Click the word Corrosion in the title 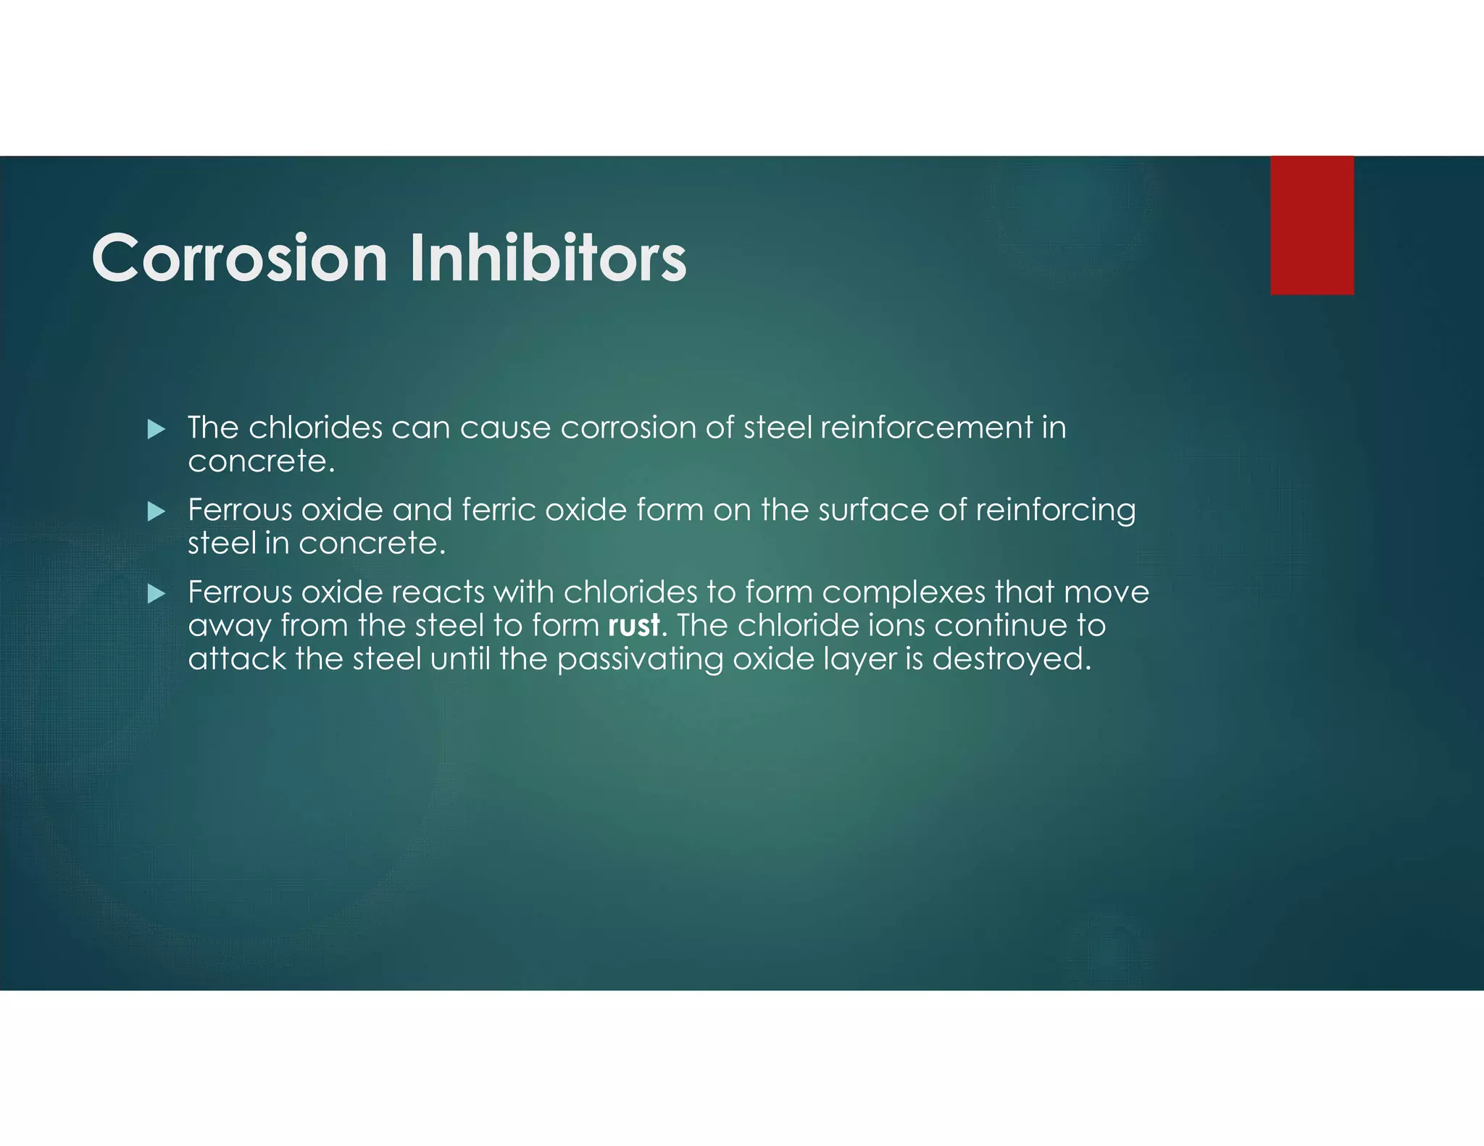pyautogui.click(x=239, y=259)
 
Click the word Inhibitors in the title pyautogui.click(x=548, y=259)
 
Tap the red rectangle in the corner pyautogui.click(x=1312, y=225)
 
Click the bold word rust pyautogui.click(x=634, y=626)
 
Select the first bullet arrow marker pyautogui.click(x=156, y=430)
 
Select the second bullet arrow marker pyautogui.click(x=156, y=512)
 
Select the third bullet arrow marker pyautogui.click(x=156, y=595)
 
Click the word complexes pyautogui.click(x=903, y=593)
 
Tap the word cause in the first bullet pyautogui.click(x=505, y=428)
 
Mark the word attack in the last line pyautogui.click(x=237, y=659)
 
